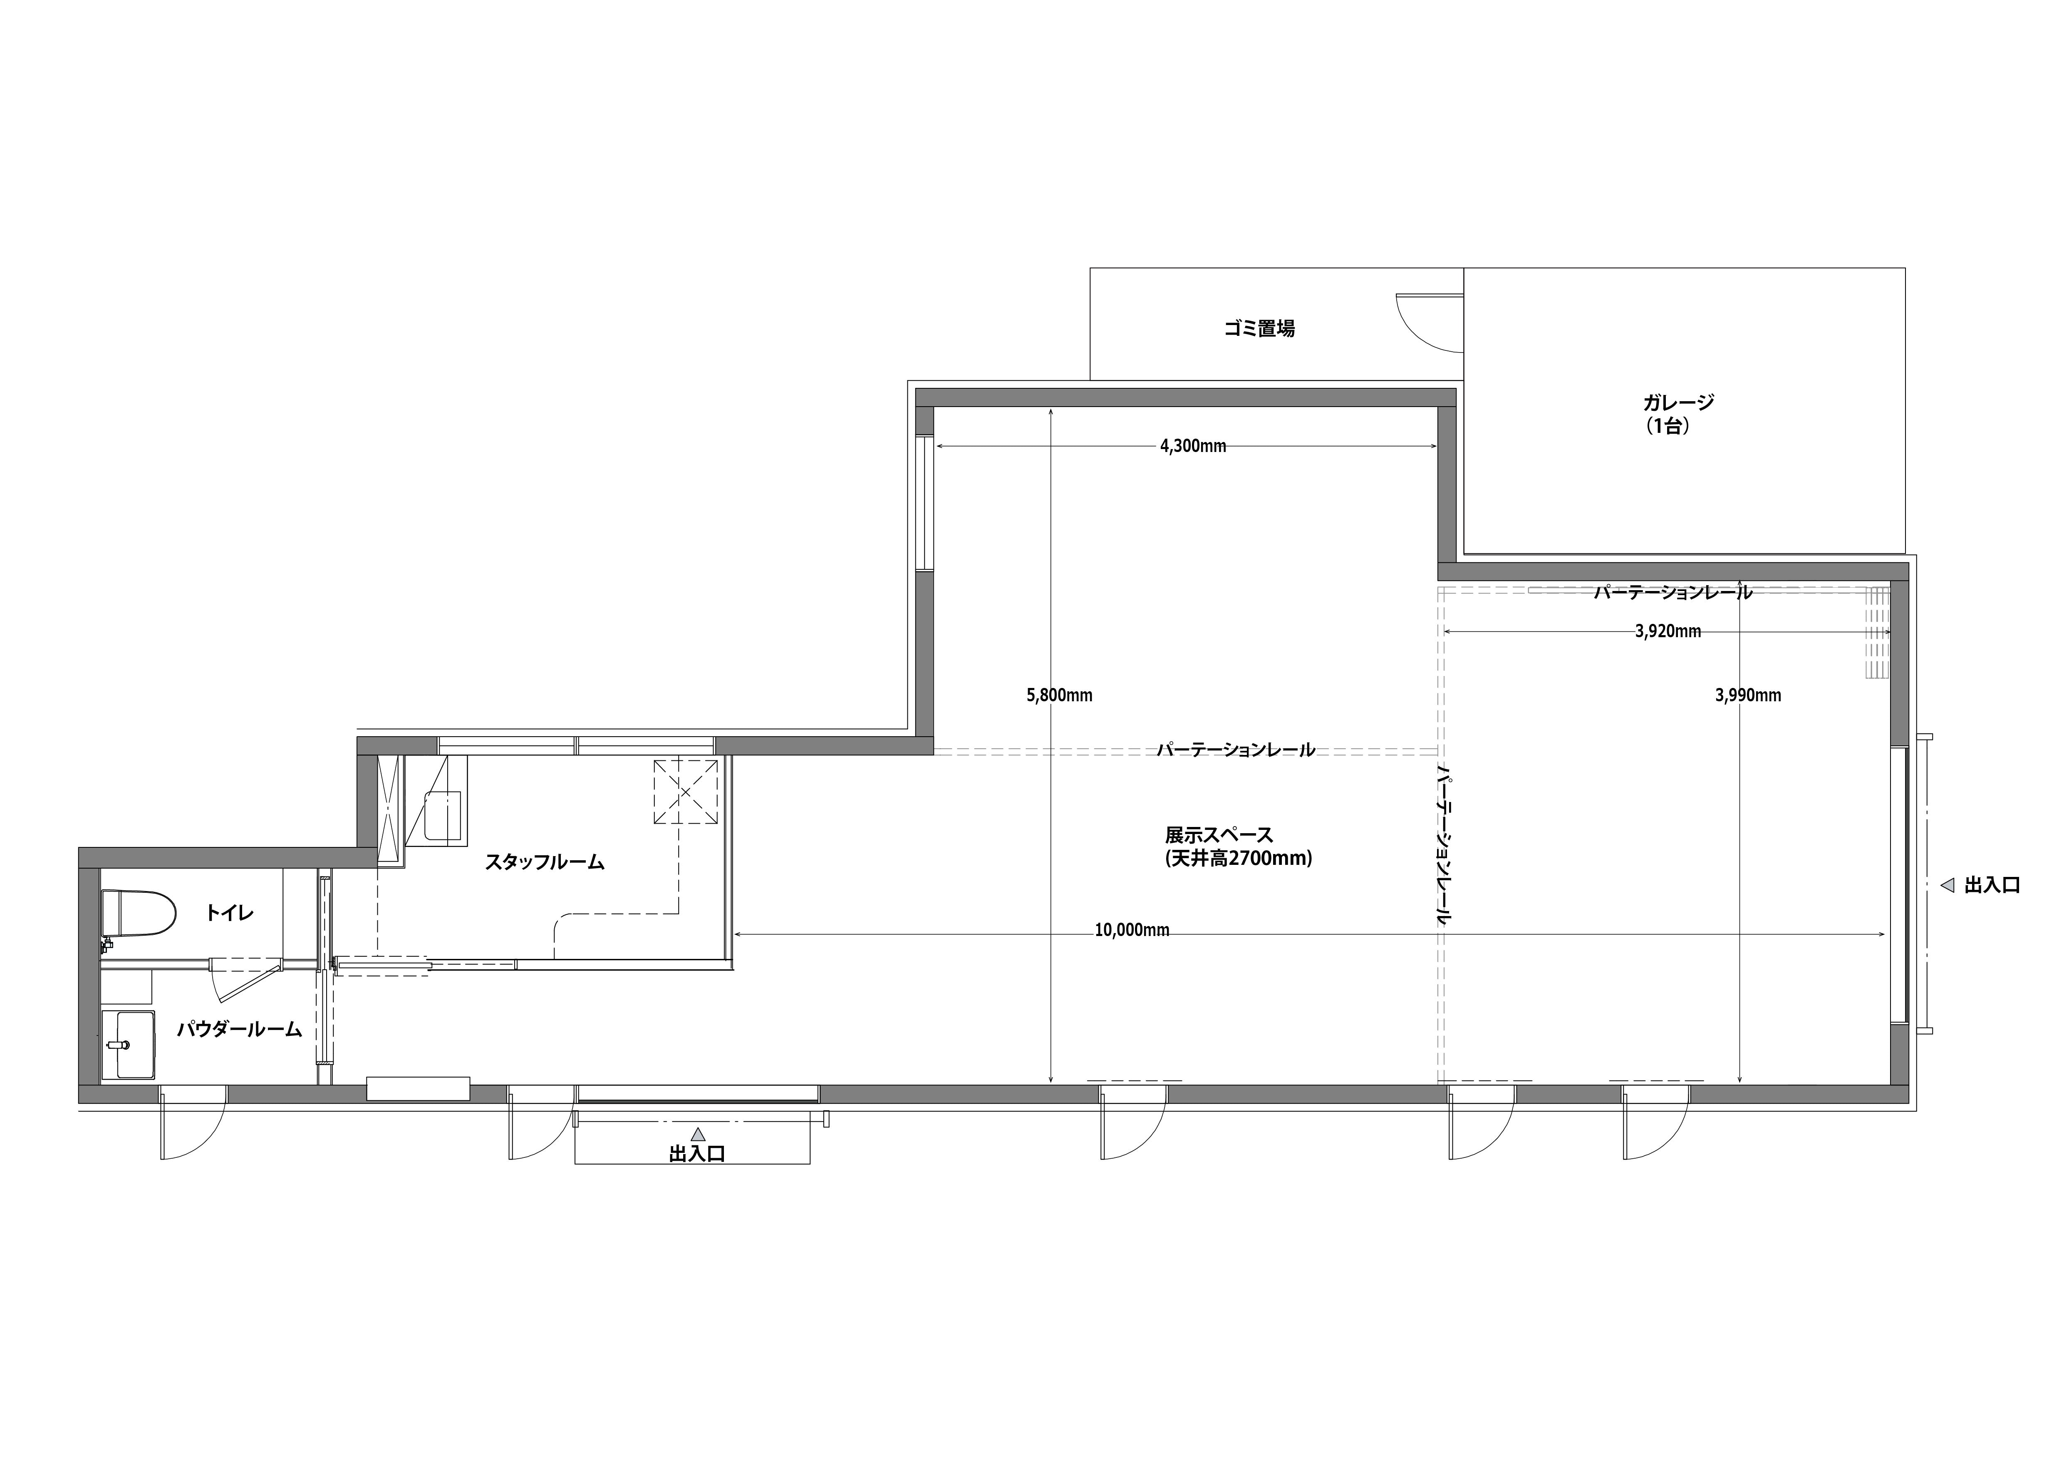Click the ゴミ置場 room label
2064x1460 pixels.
point(1259,329)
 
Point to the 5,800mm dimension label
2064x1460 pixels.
point(1059,695)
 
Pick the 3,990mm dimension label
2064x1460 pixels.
point(1747,695)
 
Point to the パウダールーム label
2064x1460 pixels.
point(239,1029)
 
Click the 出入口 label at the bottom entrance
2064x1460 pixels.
point(697,1155)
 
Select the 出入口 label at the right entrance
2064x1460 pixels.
point(1992,886)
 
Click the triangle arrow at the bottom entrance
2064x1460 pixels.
point(698,1135)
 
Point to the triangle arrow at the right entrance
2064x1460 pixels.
point(1947,886)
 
